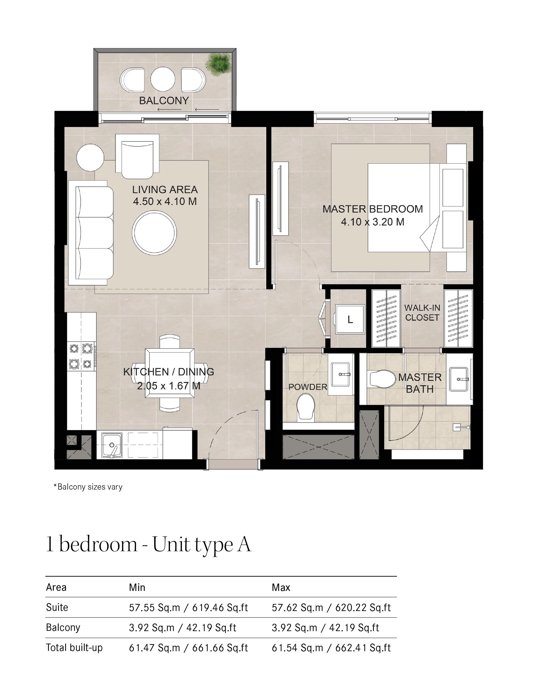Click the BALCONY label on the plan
click(x=164, y=101)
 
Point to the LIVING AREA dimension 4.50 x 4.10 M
click(x=165, y=201)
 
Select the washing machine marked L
click(x=350, y=319)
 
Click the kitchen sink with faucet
click(x=112, y=445)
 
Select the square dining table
click(x=169, y=373)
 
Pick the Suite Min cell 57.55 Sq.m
click(x=188, y=607)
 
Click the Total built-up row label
click(x=74, y=648)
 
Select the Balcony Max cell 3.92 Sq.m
click(x=325, y=628)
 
